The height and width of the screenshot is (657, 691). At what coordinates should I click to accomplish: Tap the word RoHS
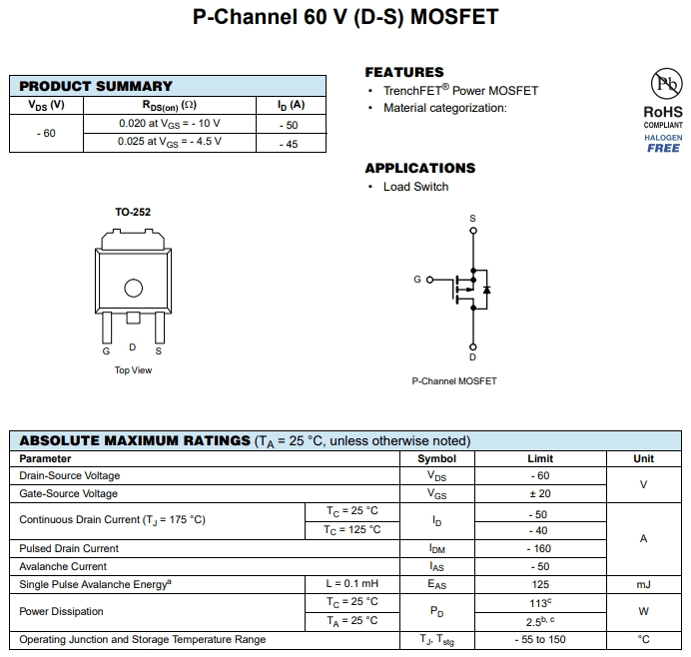coord(663,113)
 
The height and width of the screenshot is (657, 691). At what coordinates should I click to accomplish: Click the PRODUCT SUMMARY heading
coord(96,86)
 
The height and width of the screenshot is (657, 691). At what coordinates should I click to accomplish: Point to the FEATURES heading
coord(403,72)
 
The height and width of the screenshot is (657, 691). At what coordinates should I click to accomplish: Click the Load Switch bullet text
coord(415,187)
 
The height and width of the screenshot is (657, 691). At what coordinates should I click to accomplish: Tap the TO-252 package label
coord(133,212)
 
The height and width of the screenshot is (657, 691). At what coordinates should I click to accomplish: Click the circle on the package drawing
coord(133,289)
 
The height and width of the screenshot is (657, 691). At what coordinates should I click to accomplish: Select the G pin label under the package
coord(106,351)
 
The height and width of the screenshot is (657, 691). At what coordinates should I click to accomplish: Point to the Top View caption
coord(133,370)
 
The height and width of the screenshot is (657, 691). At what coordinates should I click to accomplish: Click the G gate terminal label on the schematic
coord(417,280)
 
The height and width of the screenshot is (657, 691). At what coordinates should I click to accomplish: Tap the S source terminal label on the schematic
coord(473,218)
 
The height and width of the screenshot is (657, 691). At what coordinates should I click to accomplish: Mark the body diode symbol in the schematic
coord(486,290)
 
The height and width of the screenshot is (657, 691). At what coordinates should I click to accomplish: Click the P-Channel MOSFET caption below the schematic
coord(453,381)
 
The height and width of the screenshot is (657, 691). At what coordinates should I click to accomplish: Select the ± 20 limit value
coord(540,493)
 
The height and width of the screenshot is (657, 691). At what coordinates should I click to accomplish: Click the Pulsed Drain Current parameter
coord(69,548)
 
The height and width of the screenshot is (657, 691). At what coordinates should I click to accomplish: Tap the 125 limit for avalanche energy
coord(540,584)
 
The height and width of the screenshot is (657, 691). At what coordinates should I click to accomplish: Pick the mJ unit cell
coord(643,584)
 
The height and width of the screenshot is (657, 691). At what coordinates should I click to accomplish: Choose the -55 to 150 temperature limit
coord(540,639)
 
